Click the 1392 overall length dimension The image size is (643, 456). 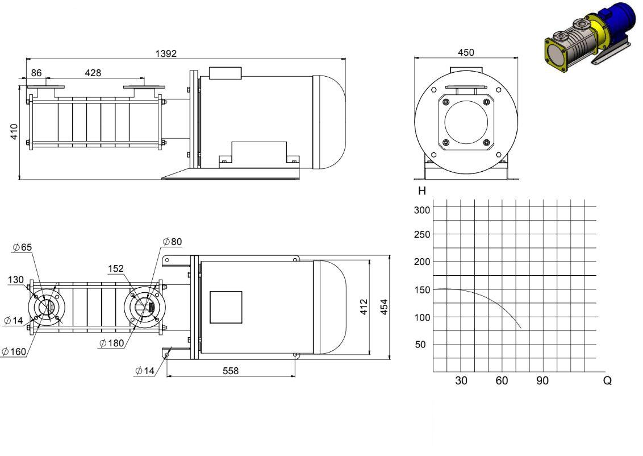(x=166, y=54)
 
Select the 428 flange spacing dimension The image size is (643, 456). (x=93, y=73)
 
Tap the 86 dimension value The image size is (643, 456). (x=36, y=73)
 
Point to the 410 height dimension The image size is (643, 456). (x=14, y=132)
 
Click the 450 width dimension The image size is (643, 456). (x=466, y=52)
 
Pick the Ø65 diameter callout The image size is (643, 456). (x=22, y=247)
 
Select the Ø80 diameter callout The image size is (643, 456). (x=172, y=242)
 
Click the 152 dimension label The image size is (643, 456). (x=116, y=268)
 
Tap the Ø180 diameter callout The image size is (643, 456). (x=111, y=343)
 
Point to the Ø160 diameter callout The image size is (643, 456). (x=14, y=352)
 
